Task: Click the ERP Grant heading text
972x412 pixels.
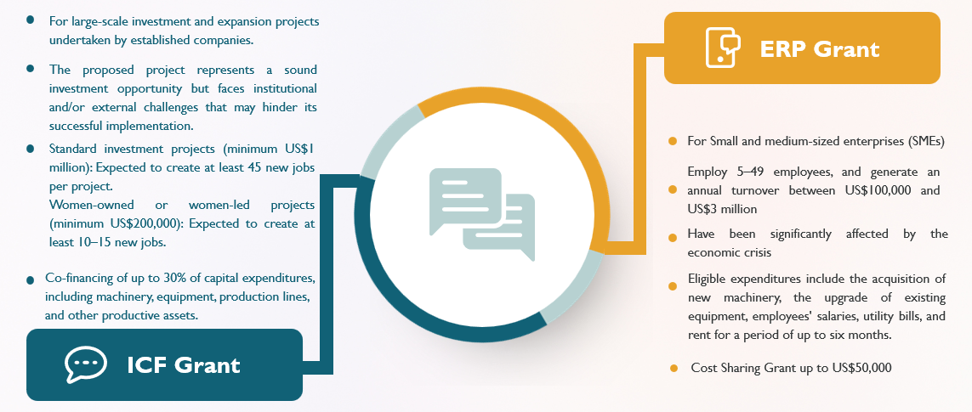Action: click(x=819, y=49)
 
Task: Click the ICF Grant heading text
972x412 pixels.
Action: click(x=184, y=365)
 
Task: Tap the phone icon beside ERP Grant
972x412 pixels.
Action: click(x=723, y=48)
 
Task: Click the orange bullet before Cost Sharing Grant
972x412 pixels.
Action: click(x=674, y=369)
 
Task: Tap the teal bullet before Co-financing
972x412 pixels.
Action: click(x=31, y=280)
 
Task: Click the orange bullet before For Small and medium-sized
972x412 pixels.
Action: click(x=673, y=142)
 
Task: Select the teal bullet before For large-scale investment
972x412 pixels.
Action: click(x=30, y=20)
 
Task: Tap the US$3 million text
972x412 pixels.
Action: click(x=722, y=210)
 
